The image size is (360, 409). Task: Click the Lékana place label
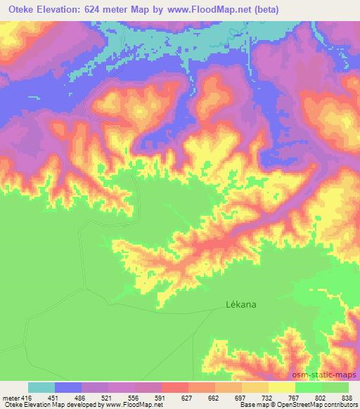click(x=240, y=305)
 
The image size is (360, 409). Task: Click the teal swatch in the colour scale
click(x=41, y=387)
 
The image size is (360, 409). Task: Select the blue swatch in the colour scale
click(x=68, y=387)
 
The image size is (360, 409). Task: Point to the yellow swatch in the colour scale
click(x=282, y=387)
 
